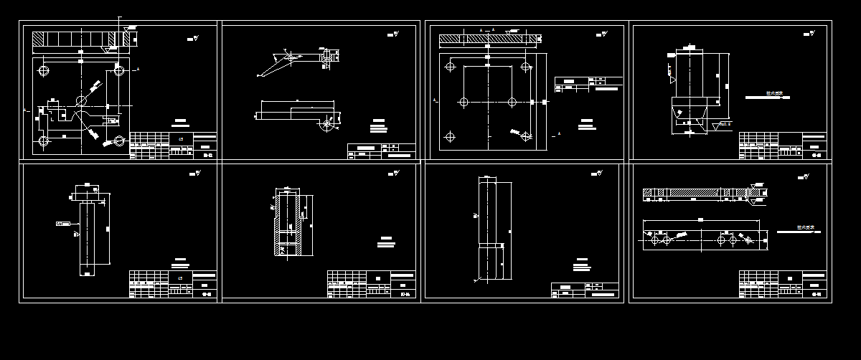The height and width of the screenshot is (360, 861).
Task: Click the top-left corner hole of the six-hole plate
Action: [450, 67]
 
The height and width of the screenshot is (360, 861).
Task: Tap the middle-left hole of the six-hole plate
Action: [464, 102]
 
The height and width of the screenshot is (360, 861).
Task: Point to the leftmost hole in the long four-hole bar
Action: [654, 241]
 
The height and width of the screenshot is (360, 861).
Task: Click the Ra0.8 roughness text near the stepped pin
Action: [725, 124]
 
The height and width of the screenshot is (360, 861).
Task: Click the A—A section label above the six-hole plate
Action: [487, 29]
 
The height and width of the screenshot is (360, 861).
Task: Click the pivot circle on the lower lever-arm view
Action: [327, 124]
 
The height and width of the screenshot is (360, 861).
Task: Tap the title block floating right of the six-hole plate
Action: [588, 85]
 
